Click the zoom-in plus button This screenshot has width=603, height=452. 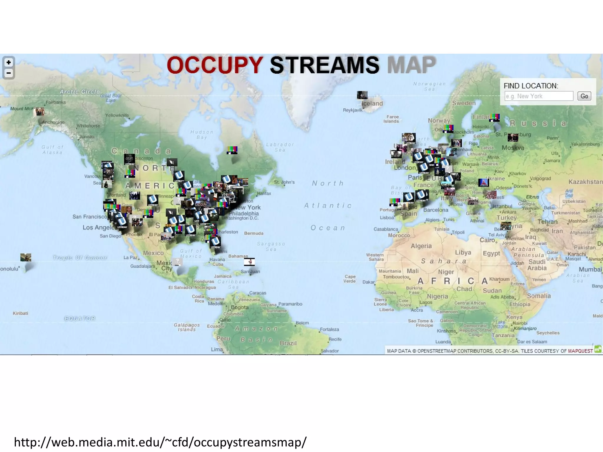(9, 62)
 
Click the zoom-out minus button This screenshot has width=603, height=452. (9, 73)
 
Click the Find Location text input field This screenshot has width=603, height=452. (539, 96)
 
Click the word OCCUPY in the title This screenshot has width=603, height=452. (215, 65)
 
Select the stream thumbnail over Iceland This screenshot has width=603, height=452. (362, 95)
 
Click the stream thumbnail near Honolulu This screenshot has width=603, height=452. (26, 257)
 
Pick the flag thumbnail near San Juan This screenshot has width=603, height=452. (249, 261)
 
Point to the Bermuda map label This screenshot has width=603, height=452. (254, 233)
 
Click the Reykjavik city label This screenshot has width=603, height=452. (352, 110)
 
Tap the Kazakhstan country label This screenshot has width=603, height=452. (585, 182)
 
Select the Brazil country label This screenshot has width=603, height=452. (288, 343)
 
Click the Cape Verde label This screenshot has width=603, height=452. (350, 279)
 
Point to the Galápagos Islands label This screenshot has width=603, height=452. (187, 327)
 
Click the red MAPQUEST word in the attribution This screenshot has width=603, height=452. (580, 351)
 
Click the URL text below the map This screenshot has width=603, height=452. (160, 442)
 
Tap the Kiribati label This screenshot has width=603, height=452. (20, 313)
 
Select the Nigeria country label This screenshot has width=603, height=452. (437, 296)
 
